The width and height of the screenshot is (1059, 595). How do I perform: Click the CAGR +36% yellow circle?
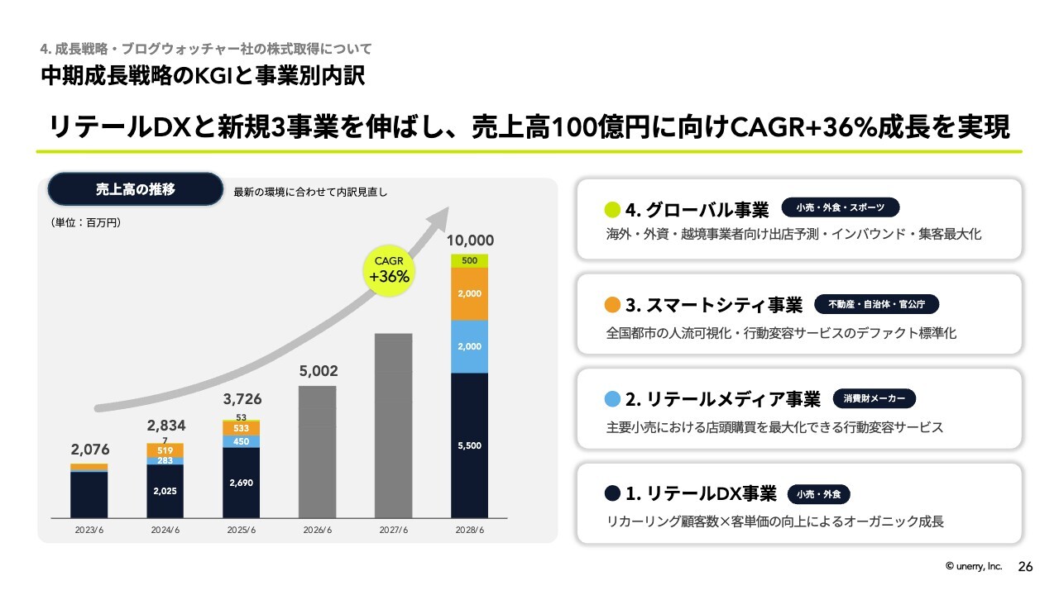point(389,271)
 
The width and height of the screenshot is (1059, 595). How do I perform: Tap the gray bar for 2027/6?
point(393,425)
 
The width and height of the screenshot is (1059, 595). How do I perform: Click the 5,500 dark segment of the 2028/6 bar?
point(469,445)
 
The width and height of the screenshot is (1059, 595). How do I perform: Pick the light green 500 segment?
point(469,260)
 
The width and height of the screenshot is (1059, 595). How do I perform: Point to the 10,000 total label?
point(470,240)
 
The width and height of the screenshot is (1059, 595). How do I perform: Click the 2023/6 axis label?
point(89,530)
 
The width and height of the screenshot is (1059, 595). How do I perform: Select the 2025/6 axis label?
point(241,530)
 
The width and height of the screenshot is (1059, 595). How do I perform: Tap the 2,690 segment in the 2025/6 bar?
point(241,483)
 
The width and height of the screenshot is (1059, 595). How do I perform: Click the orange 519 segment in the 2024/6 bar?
point(165,450)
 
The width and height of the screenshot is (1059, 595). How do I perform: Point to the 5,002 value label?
point(318,371)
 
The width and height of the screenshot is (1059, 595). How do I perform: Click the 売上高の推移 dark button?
point(136,189)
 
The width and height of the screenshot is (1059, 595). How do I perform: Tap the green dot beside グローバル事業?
point(612,209)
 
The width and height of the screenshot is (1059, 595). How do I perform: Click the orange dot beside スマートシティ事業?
point(612,305)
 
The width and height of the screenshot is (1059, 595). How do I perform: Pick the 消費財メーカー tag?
point(874,399)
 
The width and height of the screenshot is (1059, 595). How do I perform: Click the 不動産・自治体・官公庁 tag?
point(877,305)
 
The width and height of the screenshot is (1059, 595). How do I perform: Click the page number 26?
point(1025,567)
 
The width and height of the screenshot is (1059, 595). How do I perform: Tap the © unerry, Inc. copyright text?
point(974,567)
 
